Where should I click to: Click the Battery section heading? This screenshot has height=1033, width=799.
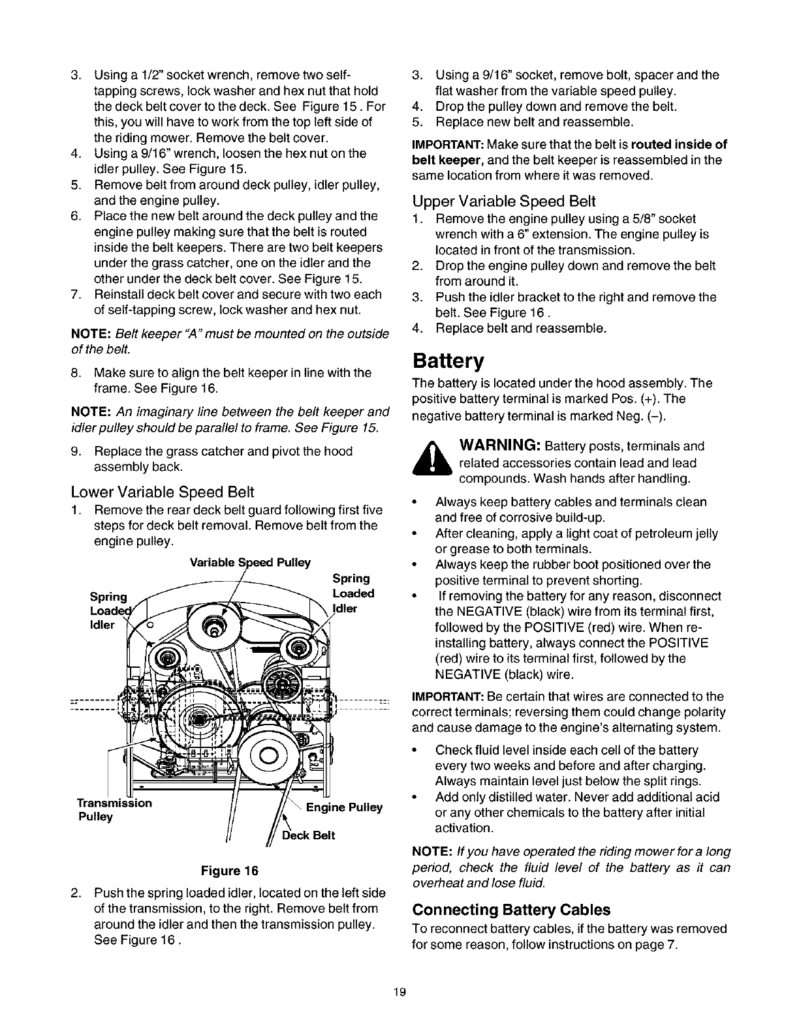point(449,361)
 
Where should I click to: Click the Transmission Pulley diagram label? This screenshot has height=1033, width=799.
point(114,809)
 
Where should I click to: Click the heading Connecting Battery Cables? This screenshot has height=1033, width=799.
point(512,910)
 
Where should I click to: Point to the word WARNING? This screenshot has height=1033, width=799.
point(499,446)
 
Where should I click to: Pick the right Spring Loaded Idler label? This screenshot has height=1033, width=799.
point(352,593)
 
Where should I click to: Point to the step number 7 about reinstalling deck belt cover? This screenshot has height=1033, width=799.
point(74,294)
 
